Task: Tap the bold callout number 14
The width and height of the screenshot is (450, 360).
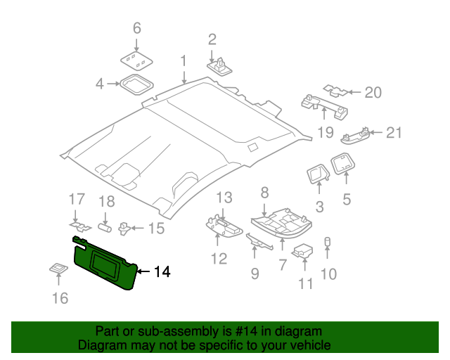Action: click(x=162, y=271)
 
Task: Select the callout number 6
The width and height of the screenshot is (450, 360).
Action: click(x=137, y=28)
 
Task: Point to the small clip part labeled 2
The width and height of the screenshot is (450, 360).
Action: click(x=221, y=65)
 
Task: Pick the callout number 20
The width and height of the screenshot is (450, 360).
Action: click(x=373, y=92)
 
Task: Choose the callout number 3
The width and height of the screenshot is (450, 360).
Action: click(x=319, y=207)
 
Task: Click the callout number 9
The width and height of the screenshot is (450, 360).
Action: click(x=255, y=272)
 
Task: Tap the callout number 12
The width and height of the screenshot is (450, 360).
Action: click(x=219, y=259)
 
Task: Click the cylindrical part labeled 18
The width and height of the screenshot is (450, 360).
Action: click(x=105, y=227)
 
